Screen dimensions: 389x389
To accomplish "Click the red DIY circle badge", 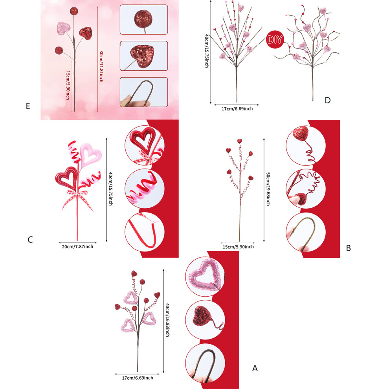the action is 275,39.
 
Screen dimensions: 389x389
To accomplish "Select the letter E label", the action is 28,106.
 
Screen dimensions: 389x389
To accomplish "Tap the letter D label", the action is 327,100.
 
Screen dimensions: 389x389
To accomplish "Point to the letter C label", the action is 30,240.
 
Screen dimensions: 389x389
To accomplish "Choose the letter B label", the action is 348,248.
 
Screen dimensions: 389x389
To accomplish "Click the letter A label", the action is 255,368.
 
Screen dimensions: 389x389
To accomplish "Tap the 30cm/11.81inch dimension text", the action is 101,66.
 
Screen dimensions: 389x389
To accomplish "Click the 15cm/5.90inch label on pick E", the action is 68,85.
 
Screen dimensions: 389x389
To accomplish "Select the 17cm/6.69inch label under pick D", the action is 237,109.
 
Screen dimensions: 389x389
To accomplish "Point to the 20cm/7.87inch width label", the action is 77,246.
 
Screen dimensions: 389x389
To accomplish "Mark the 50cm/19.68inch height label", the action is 268,189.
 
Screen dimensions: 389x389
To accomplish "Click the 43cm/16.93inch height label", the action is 167,320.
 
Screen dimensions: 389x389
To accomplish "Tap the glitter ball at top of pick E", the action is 74,11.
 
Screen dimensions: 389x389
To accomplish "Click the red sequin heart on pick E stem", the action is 86,33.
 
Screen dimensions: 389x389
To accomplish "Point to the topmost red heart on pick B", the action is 239,141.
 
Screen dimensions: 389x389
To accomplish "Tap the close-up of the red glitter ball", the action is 144,19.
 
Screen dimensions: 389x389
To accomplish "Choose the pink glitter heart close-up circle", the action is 205,276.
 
